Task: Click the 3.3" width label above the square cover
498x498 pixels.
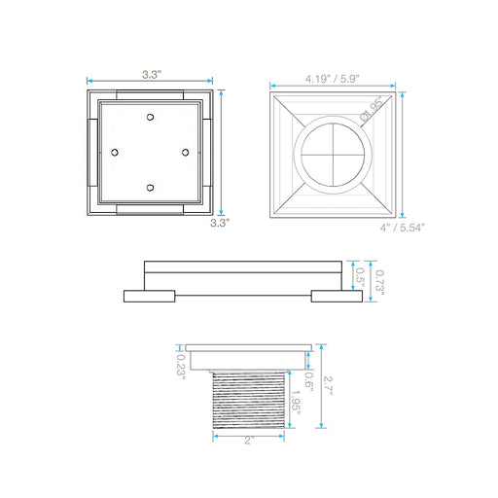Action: [152, 75]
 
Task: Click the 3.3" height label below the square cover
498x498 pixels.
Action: [220, 223]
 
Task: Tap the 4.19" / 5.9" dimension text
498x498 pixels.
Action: [333, 79]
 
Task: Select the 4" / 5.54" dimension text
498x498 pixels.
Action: [402, 228]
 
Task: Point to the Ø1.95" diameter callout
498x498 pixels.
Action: [372, 108]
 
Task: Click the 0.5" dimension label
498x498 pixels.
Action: [360, 277]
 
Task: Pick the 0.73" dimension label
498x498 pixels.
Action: [379, 282]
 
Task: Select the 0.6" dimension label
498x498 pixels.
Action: [309, 381]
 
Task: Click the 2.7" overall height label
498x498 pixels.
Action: [328, 385]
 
